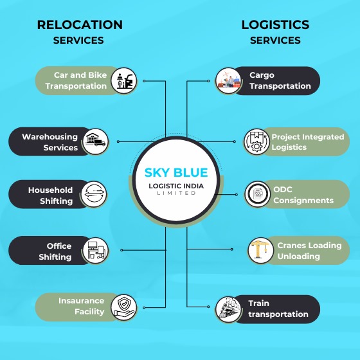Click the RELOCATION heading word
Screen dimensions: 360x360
80,25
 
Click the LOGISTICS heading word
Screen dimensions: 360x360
275,25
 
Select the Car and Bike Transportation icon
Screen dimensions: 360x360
123,81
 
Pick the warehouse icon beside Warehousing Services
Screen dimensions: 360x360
95,141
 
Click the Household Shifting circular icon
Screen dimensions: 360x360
94,195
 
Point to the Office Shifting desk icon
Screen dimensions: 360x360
95,251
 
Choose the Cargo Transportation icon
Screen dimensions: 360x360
229,81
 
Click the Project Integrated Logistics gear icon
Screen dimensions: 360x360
256,142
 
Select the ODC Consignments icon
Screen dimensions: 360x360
258,194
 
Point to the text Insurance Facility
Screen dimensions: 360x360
81,306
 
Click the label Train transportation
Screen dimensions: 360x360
278,309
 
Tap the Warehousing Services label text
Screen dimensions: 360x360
50,142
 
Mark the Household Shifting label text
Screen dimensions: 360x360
50,195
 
